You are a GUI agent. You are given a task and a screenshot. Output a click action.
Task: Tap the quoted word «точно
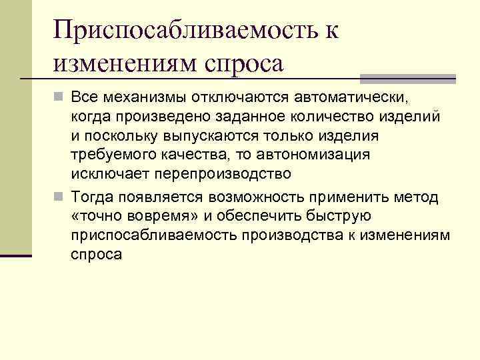coord(99,217)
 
